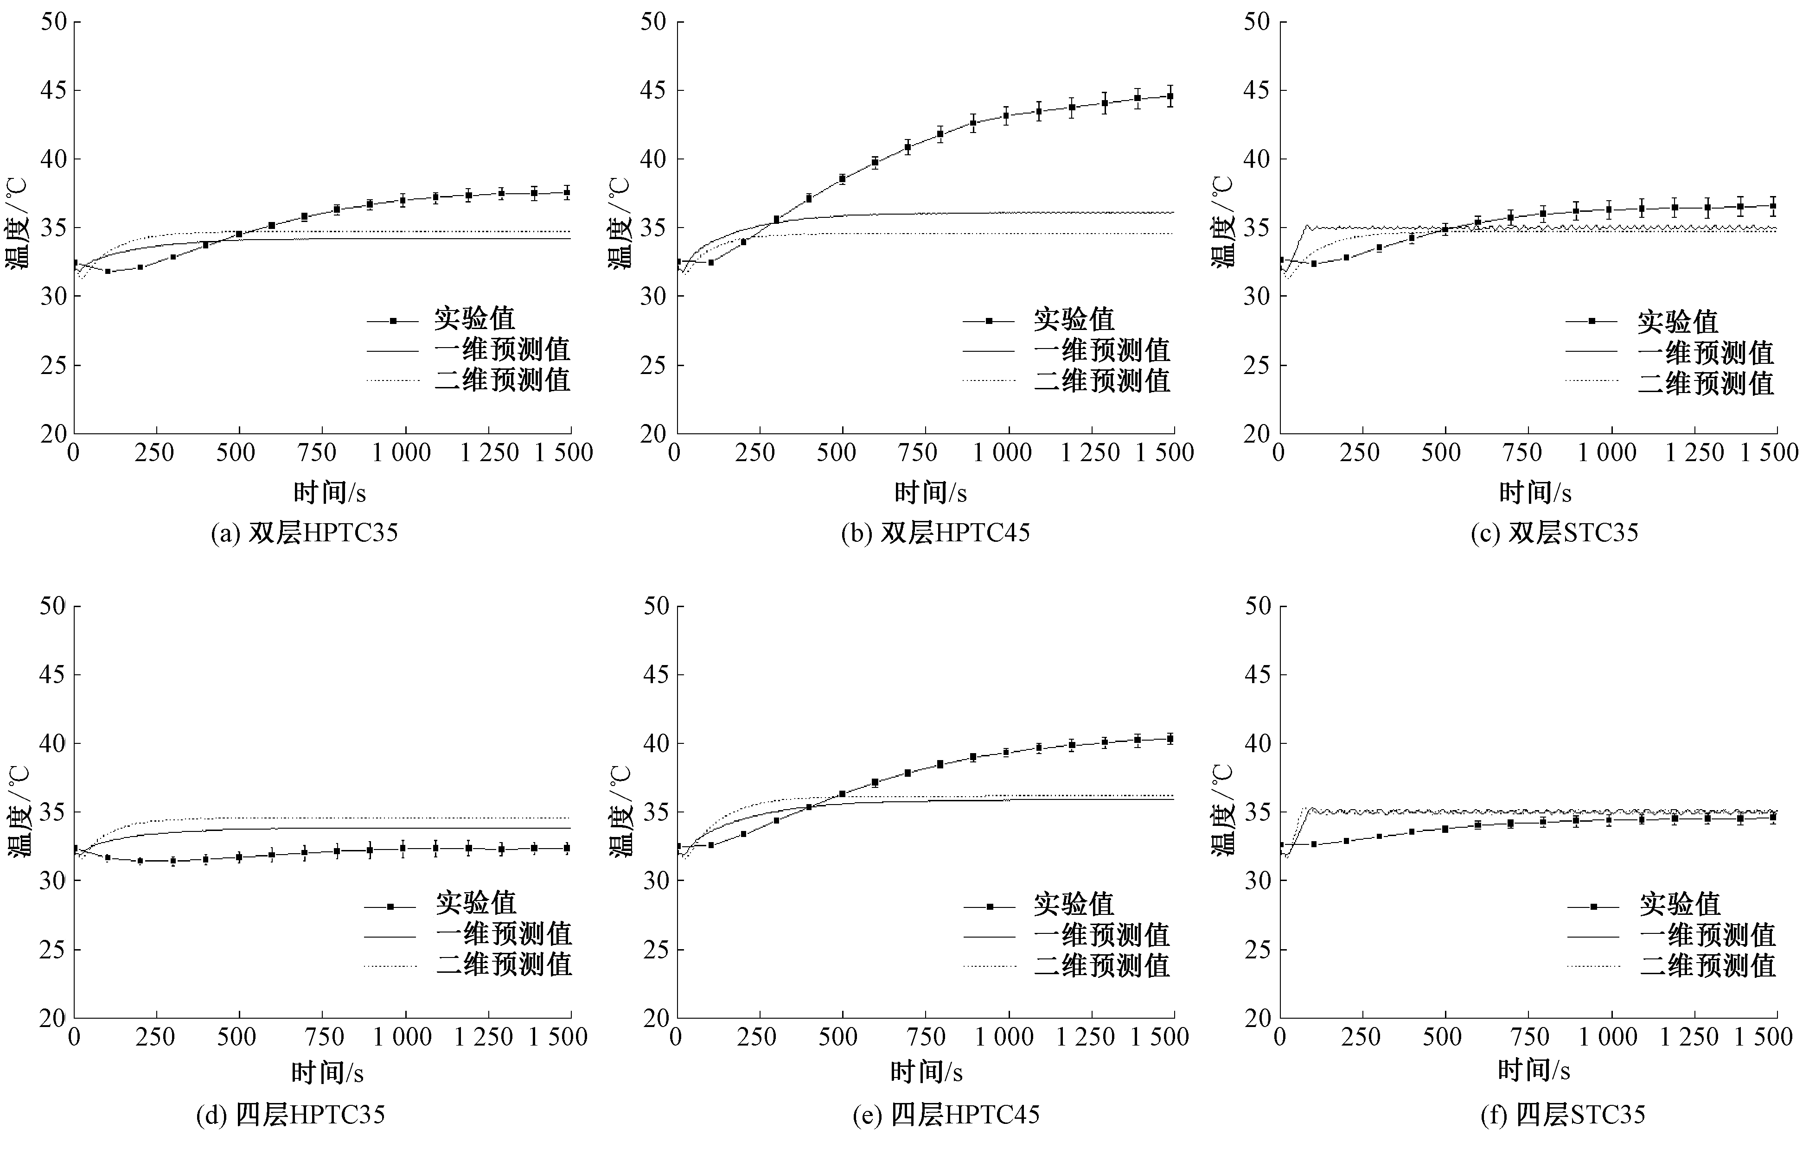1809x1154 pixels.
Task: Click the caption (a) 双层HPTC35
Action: coord(304,533)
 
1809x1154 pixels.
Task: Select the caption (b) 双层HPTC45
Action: coord(935,533)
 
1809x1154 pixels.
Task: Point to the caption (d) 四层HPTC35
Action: coord(291,1115)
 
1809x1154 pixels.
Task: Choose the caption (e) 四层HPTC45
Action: coord(946,1115)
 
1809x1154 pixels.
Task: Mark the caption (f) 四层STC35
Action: coord(1563,1115)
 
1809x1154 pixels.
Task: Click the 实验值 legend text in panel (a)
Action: coord(474,319)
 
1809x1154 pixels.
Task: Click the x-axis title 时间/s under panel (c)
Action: coord(1535,493)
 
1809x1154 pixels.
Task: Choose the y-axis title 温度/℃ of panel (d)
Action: coord(19,812)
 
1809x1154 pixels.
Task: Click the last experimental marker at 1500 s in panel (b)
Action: coord(1170,96)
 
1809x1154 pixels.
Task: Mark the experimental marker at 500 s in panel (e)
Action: coord(842,793)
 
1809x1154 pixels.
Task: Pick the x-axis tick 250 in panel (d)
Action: coord(155,1037)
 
